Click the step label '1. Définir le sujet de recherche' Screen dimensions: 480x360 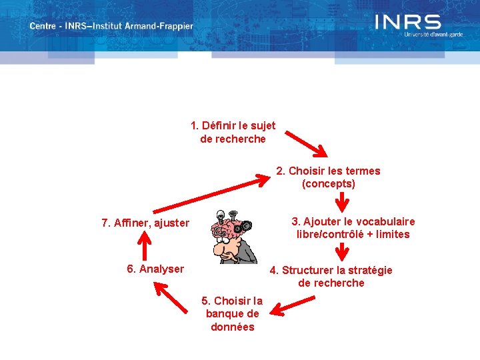pyautogui.click(x=233, y=132)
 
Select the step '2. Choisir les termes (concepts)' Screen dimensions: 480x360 pyautogui.click(x=328, y=177)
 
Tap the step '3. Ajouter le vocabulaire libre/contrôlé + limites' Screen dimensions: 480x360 pyautogui.click(x=353, y=227)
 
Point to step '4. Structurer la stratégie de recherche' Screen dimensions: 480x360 pyautogui.click(x=331, y=276)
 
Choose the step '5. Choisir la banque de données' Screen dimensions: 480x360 pyautogui.click(x=233, y=313)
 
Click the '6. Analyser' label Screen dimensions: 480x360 pyautogui.click(x=155, y=269)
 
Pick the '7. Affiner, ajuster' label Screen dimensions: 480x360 pyautogui.click(x=145, y=223)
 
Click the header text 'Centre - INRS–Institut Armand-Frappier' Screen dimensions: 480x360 pyautogui.click(x=111, y=27)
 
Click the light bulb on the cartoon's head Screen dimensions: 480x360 pyautogui.click(x=219, y=215)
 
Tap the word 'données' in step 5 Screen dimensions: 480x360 pyautogui.click(x=233, y=327)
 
